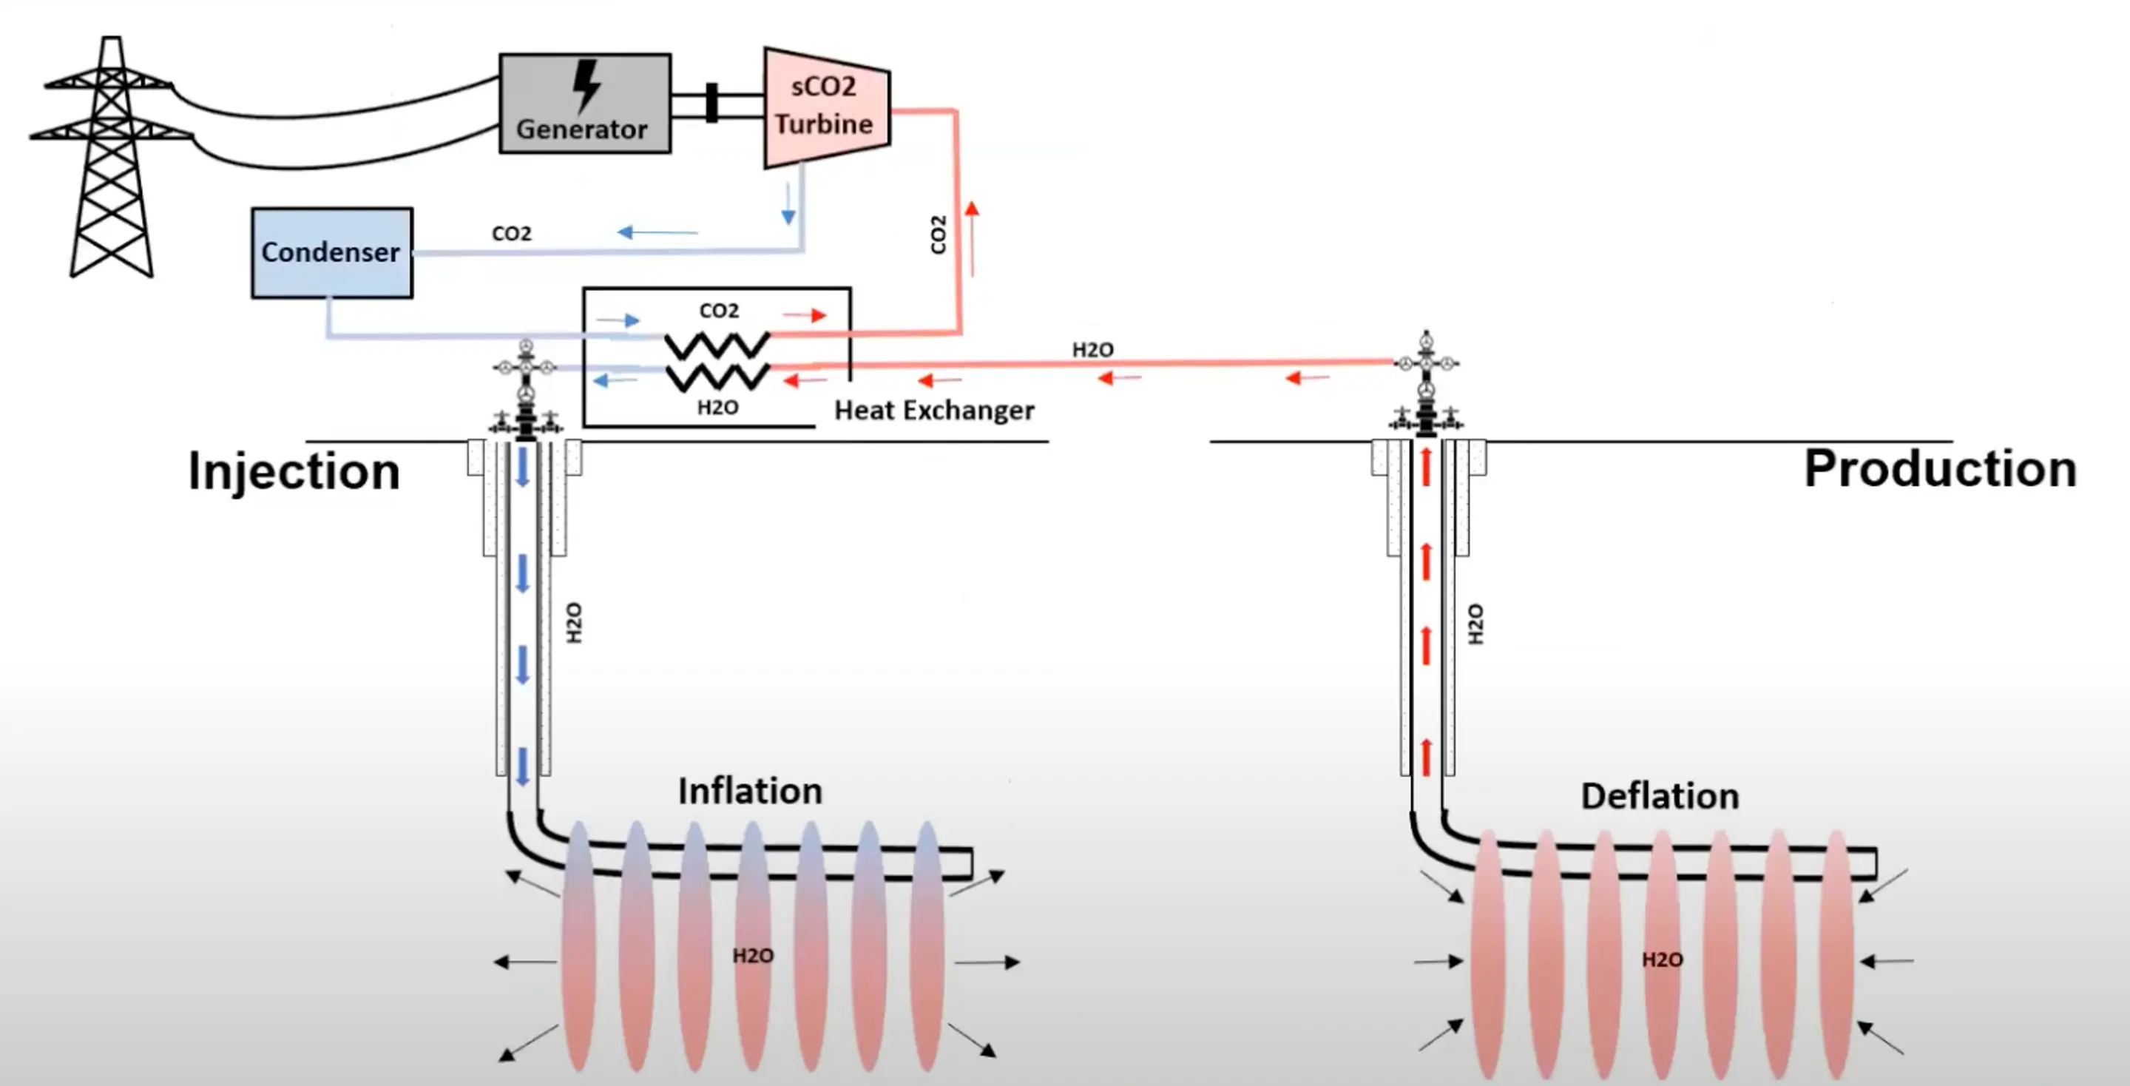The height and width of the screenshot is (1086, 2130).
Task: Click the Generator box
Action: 584,104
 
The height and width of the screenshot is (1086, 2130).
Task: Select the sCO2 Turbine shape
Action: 825,107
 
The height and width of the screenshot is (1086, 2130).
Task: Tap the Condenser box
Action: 331,252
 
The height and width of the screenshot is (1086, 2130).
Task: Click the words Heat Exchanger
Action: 933,411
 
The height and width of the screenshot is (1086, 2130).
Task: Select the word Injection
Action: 294,471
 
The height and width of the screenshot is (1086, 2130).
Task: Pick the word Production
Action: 1940,469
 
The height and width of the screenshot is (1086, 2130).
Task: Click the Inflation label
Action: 750,792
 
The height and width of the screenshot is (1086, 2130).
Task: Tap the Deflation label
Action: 1660,797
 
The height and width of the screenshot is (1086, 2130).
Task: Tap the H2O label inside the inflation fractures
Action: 752,956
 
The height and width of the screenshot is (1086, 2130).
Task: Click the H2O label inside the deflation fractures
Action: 1662,960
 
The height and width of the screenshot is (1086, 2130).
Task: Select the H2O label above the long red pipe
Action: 1092,350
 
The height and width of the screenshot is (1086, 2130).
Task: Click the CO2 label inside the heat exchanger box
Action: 719,311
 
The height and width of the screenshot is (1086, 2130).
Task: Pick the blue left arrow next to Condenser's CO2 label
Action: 657,232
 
